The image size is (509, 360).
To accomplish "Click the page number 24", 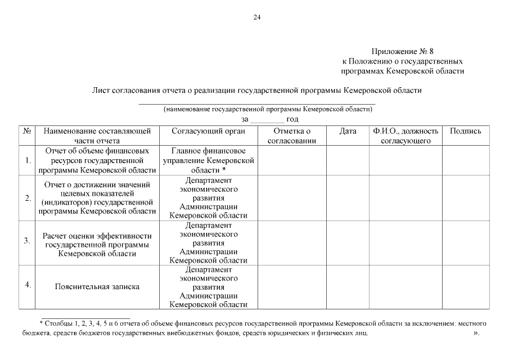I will pyautogui.click(x=256, y=17).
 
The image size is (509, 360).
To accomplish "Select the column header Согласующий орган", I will pyautogui.click(x=208, y=131).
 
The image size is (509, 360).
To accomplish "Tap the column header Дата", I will pyautogui.click(x=348, y=131).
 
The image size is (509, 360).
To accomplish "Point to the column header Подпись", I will pyautogui.click(x=465, y=131).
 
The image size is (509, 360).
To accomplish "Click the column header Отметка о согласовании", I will pyautogui.click(x=292, y=136).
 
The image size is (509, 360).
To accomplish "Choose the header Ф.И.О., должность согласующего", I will pyautogui.click(x=405, y=136).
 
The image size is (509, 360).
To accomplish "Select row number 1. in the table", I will pyautogui.click(x=28, y=160).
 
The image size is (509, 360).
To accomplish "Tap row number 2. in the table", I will pyautogui.click(x=28, y=198).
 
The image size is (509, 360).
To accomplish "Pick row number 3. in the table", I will pyautogui.click(x=27, y=241).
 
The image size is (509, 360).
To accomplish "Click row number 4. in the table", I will pyautogui.click(x=28, y=284).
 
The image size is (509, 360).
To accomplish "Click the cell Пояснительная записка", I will pyautogui.click(x=97, y=287).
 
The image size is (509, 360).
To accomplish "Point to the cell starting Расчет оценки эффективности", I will pyautogui.click(x=97, y=245).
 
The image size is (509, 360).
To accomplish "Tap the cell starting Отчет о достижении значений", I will pyautogui.click(x=97, y=197).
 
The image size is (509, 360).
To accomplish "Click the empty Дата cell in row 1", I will pyautogui.click(x=348, y=160).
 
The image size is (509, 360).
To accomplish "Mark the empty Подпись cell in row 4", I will pyautogui.click(x=465, y=287).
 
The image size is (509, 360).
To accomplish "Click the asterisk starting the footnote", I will pyautogui.click(x=42, y=324).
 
